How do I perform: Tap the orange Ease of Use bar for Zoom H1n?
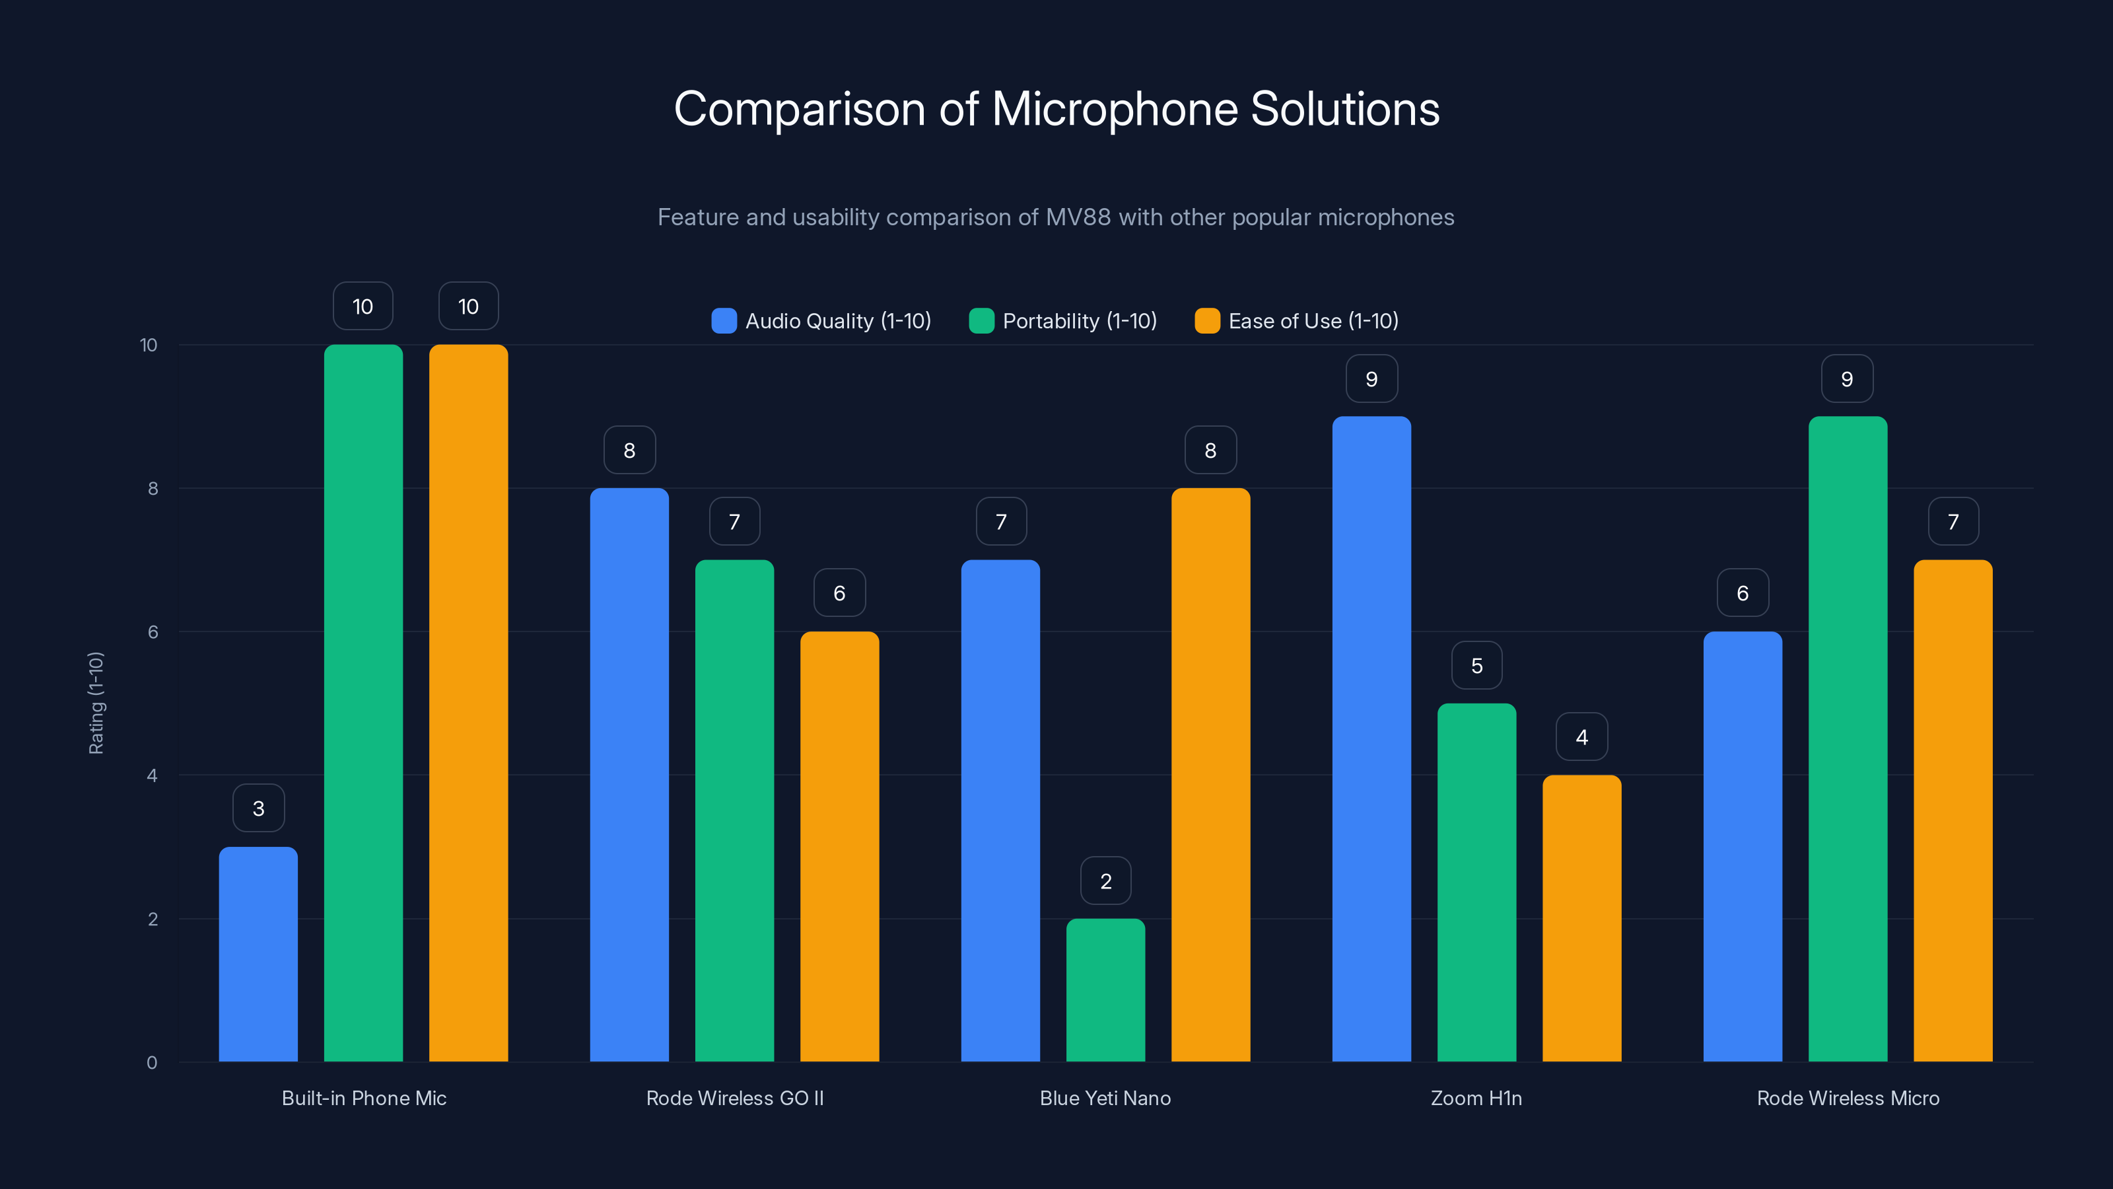click(1581, 918)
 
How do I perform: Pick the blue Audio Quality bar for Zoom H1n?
click(1371, 739)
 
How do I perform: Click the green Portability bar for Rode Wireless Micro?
click(1848, 739)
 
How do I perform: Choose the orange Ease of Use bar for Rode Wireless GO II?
click(839, 846)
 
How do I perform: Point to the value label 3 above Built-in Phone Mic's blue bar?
click(258, 809)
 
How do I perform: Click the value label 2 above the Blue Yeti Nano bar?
click(1106, 881)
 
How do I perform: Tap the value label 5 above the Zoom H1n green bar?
click(1476, 665)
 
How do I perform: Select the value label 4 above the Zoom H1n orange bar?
click(1581, 737)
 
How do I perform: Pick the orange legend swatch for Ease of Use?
click(1206, 321)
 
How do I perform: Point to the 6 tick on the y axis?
click(153, 632)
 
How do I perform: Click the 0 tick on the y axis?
click(152, 1063)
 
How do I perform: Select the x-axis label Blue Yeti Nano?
click(1105, 1098)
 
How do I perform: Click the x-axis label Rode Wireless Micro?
click(1848, 1098)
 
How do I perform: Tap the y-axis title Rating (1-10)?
click(96, 703)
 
